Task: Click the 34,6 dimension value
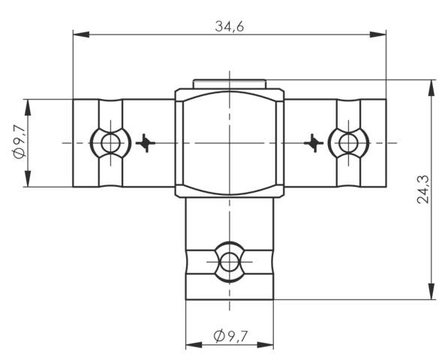pyautogui.click(x=230, y=25)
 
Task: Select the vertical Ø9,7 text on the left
pyautogui.click(x=20, y=142)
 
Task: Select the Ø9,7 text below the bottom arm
pyautogui.click(x=230, y=337)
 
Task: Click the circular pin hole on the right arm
pyautogui.click(x=347, y=142)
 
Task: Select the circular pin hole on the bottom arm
pyautogui.click(x=229, y=262)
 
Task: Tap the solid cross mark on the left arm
pyautogui.click(x=146, y=142)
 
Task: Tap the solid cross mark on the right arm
pyautogui.click(x=313, y=142)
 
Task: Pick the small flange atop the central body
pyautogui.click(x=229, y=83)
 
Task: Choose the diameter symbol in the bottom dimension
pyautogui.click(x=218, y=337)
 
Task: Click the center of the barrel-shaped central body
pyautogui.click(x=229, y=142)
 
